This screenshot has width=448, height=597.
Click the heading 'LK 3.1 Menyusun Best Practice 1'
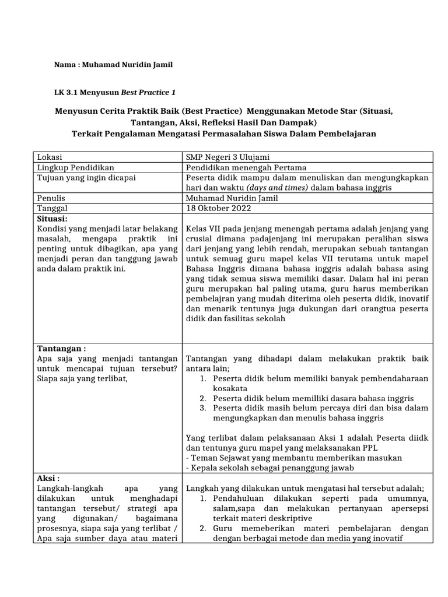point(114,92)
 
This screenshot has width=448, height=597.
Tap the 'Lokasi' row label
point(50,157)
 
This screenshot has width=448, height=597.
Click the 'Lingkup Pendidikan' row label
point(75,167)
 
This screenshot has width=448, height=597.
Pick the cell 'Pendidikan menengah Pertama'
point(246,167)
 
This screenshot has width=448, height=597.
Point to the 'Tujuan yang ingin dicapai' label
point(86,177)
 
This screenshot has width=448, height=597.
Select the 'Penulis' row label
point(51,198)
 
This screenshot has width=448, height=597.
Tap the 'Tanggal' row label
point(52,208)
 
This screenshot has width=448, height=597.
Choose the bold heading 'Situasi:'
point(53,217)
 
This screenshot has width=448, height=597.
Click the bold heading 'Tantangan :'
point(61,348)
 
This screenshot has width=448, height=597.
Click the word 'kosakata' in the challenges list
point(229,388)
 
